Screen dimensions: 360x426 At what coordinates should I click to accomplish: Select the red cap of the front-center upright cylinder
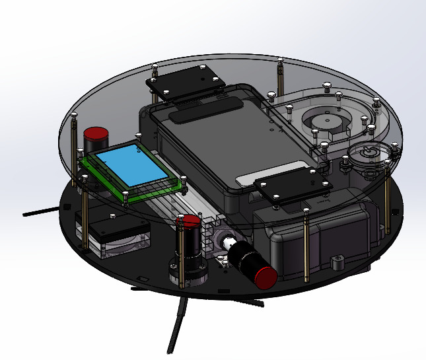192,220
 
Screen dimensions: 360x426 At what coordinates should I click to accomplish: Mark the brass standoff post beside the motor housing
306,244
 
